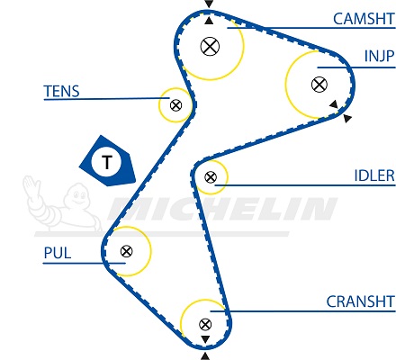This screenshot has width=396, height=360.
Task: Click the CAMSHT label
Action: click(364, 19)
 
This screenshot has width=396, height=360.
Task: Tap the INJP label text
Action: click(379, 56)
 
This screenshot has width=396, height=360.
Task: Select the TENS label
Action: click(61, 91)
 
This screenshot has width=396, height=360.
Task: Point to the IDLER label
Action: click(374, 175)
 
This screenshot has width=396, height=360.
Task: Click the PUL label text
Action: click(58, 253)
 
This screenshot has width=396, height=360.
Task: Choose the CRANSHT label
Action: click(360, 301)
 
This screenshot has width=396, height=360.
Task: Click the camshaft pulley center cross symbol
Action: click(210, 46)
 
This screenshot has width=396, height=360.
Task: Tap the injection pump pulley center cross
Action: click(319, 85)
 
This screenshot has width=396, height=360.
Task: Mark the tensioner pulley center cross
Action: click(175, 105)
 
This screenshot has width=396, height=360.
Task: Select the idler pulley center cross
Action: click(211, 177)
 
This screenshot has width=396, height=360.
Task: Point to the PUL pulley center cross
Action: click(126, 251)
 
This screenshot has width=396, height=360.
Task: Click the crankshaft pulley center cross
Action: click(205, 324)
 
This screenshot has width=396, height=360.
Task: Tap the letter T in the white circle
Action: click(107, 162)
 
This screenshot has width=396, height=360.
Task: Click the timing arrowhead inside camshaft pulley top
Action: click(209, 21)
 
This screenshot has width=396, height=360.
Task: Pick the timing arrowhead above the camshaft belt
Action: click(209, 4)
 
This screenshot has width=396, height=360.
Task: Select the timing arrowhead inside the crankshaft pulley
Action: click(205, 339)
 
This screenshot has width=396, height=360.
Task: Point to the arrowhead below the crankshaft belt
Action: click(205, 356)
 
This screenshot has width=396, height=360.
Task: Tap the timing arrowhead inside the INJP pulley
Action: click(334, 104)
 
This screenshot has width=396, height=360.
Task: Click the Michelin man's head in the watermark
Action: click(76, 195)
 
